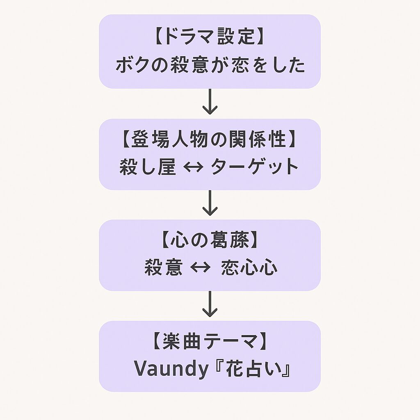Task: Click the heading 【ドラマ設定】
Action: click(x=210, y=37)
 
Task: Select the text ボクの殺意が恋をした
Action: click(x=210, y=65)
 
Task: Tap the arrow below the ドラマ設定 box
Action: click(x=210, y=103)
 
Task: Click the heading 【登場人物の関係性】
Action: click(x=210, y=139)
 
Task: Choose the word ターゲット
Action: click(x=255, y=167)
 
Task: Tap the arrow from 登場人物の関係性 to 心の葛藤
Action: click(x=210, y=203)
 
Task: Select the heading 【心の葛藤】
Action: click(x=210, y=240)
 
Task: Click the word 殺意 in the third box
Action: click(x=163, y=268)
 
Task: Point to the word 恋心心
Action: click(x=249, y=268)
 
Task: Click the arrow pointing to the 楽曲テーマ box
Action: click(x=210, y=305)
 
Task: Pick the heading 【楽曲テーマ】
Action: click(x=210, y=342)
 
